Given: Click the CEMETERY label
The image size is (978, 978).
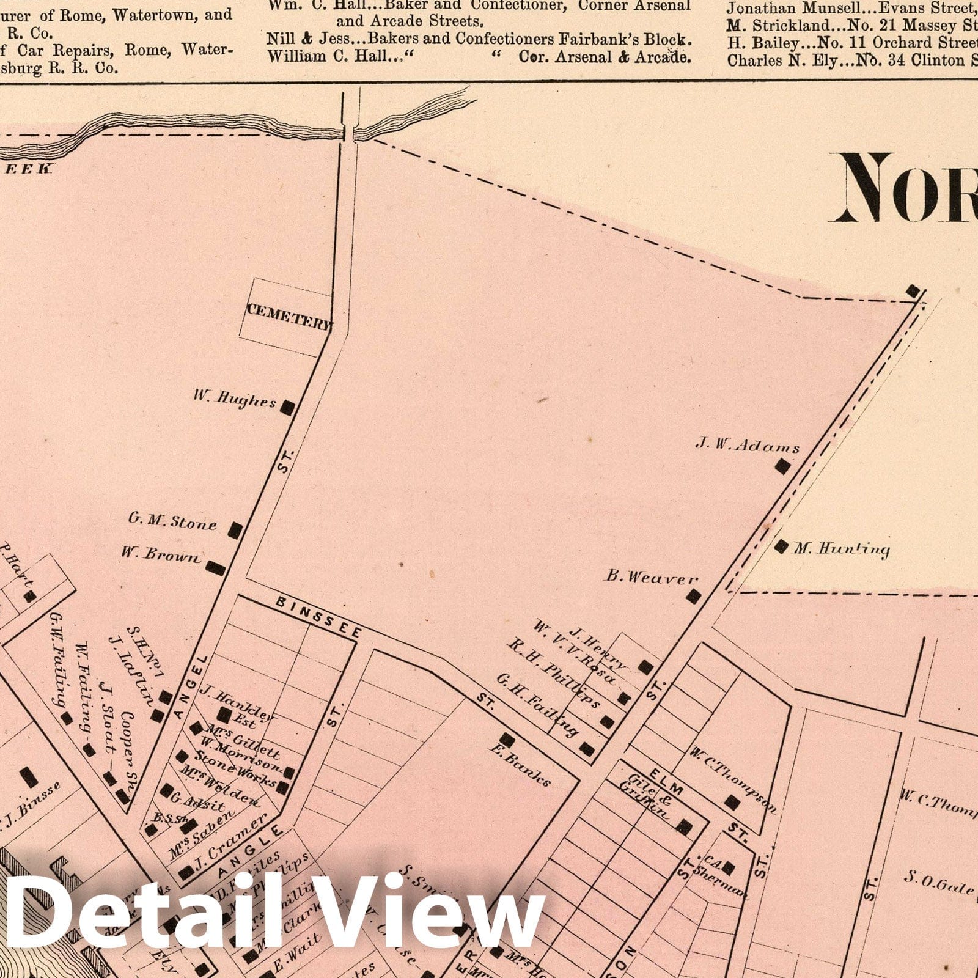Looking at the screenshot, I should [x=289, y=311].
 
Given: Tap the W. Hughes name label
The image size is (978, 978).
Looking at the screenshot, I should [x=234, y=400].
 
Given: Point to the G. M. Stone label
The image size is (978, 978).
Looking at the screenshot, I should [x=172, y=522].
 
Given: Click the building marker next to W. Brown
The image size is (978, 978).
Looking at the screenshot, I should [x=215, y=568].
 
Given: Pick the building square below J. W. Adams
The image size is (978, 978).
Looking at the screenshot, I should [x=782, y=467].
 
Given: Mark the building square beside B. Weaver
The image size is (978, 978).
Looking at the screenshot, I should [x=692, y=596].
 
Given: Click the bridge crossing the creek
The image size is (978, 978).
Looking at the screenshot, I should [x=350, y=131].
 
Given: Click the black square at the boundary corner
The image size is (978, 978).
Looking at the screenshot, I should [x=913, y=291].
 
